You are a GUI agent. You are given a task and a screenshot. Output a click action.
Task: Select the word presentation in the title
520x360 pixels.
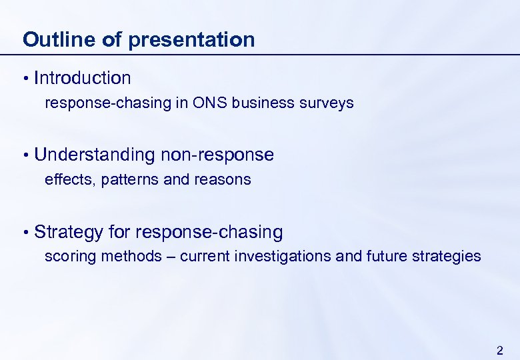(x=191, y=39)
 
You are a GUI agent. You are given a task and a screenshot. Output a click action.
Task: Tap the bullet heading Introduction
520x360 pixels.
(x=83, y=78)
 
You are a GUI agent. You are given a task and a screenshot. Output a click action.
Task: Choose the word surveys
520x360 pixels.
(x=327, y=103)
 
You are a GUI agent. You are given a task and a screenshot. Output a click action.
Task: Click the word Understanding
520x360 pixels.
(x=94, y=155)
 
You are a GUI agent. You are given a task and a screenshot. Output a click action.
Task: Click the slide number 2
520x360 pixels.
(x=500, y=350)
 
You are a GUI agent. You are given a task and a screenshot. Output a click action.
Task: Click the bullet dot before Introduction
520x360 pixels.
(x=25, y=79)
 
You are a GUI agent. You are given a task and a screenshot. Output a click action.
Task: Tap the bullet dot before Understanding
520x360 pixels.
(x=25, y=156)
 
